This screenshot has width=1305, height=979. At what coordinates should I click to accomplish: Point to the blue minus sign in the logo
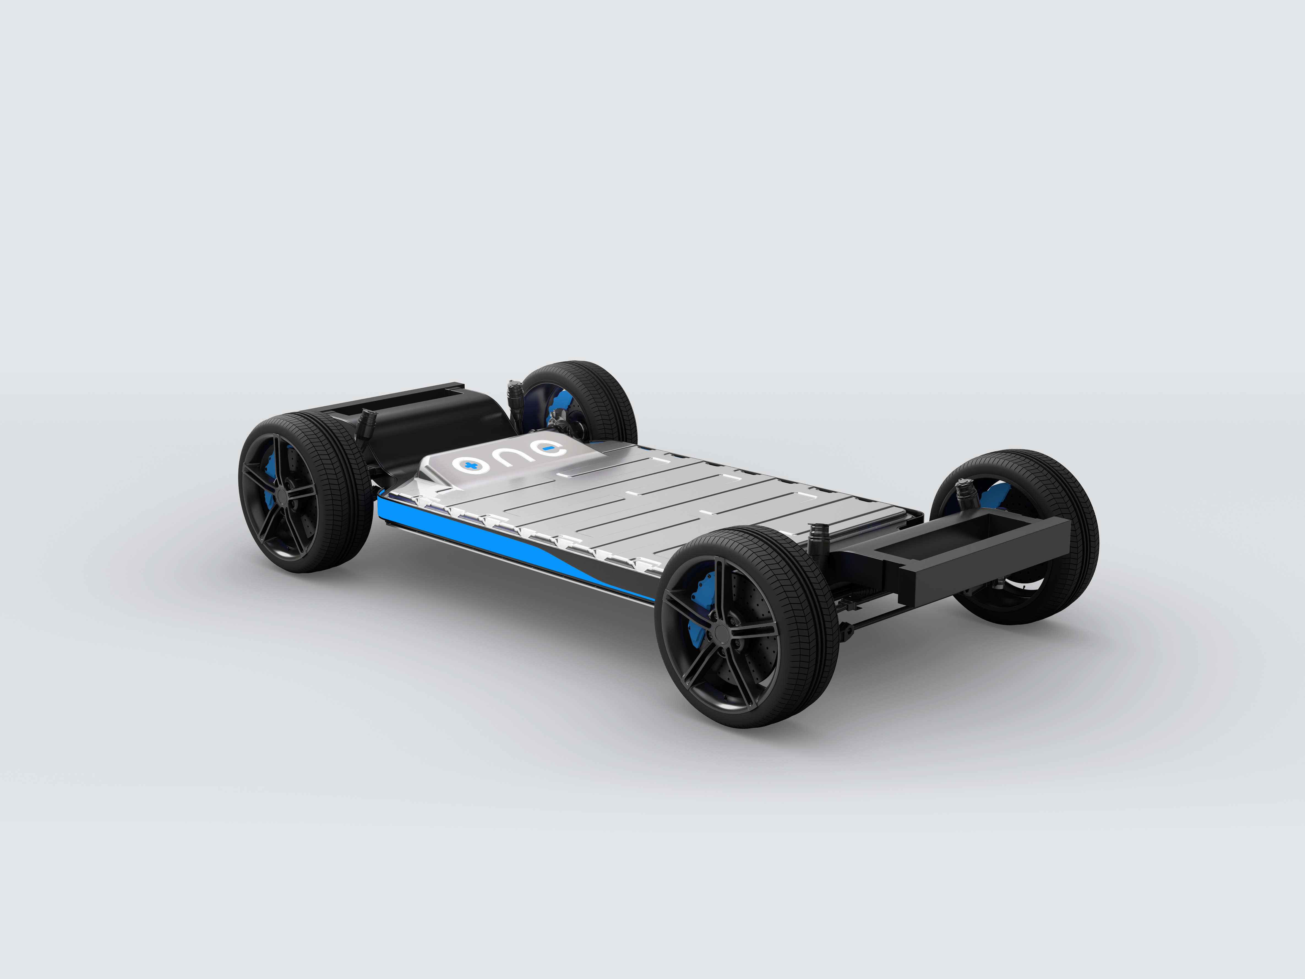[548, 450]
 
